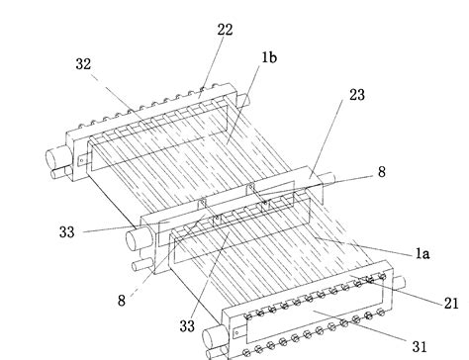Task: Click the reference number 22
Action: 225,30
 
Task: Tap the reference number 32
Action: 83,64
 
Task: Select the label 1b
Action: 269,57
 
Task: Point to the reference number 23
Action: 357,95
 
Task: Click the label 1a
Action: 422,253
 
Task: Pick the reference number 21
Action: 451,304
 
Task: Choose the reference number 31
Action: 420,346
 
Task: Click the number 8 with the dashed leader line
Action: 122,301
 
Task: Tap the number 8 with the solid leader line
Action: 381,172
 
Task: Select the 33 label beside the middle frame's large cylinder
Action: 67,232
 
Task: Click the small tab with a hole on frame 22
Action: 82,161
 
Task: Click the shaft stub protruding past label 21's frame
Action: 399,283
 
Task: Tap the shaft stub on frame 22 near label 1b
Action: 242,100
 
